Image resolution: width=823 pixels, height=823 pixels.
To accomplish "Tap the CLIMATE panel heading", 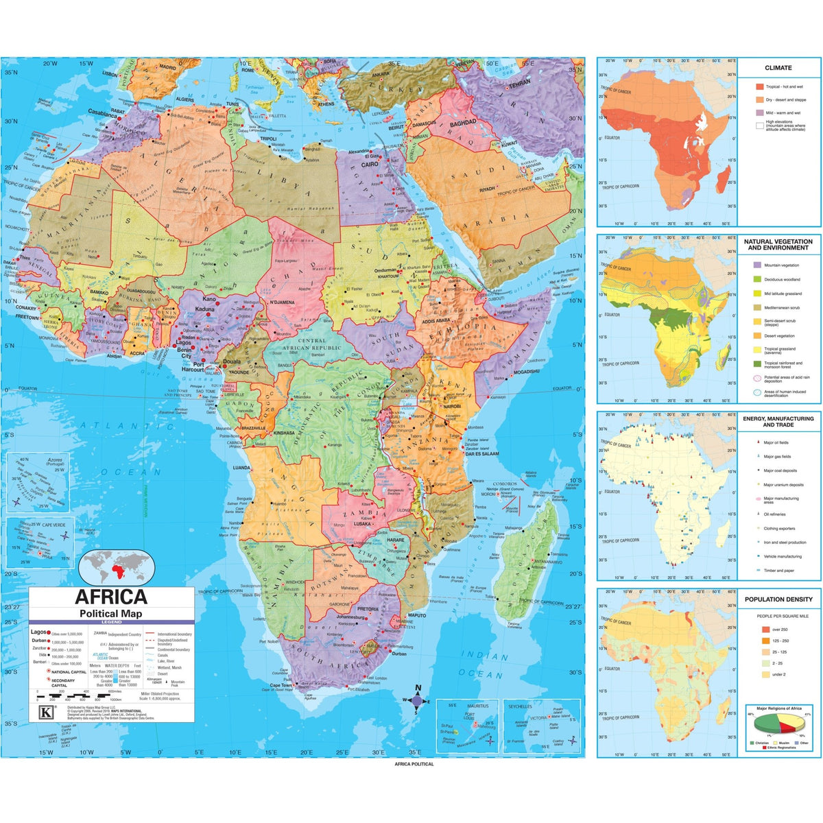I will (x=778, y=68).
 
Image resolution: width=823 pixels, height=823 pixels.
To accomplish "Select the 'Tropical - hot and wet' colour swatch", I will (x=759, y=87).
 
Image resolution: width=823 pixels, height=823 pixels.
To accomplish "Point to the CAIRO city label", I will (x=370, y=165).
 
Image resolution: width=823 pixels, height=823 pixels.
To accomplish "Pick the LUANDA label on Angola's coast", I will (x=241, y=468).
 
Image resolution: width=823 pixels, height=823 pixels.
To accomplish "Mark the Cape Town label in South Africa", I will (x=281, y=685).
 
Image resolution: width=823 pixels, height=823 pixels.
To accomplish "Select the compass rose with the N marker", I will (x=417, y=700).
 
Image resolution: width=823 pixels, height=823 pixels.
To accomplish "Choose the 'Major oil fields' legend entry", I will (x=776, y=442).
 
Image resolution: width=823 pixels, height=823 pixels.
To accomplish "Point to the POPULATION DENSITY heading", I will (x=778, y=599).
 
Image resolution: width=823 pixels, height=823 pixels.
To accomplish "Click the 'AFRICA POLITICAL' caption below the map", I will (x=414, y=764).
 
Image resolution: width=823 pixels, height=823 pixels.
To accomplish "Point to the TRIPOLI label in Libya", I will (x=267, y=139).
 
